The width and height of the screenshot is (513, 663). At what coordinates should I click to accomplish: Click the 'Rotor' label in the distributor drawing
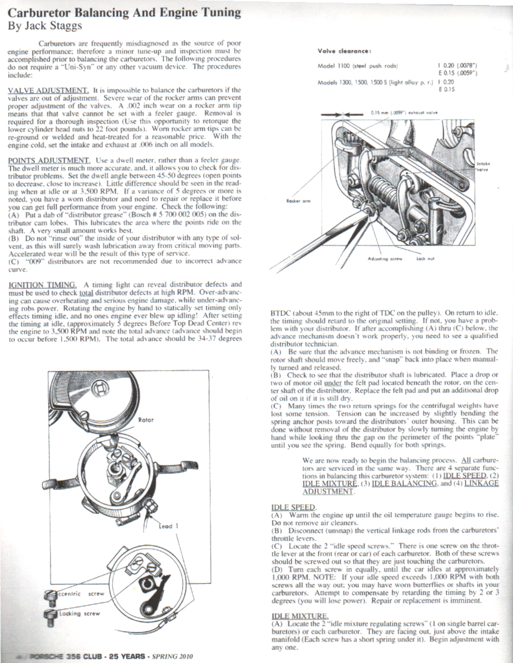(146, 420)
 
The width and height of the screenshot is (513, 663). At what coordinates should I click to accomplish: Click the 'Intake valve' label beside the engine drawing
(483, 167)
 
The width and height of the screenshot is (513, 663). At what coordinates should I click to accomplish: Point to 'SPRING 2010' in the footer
(176, 656)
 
